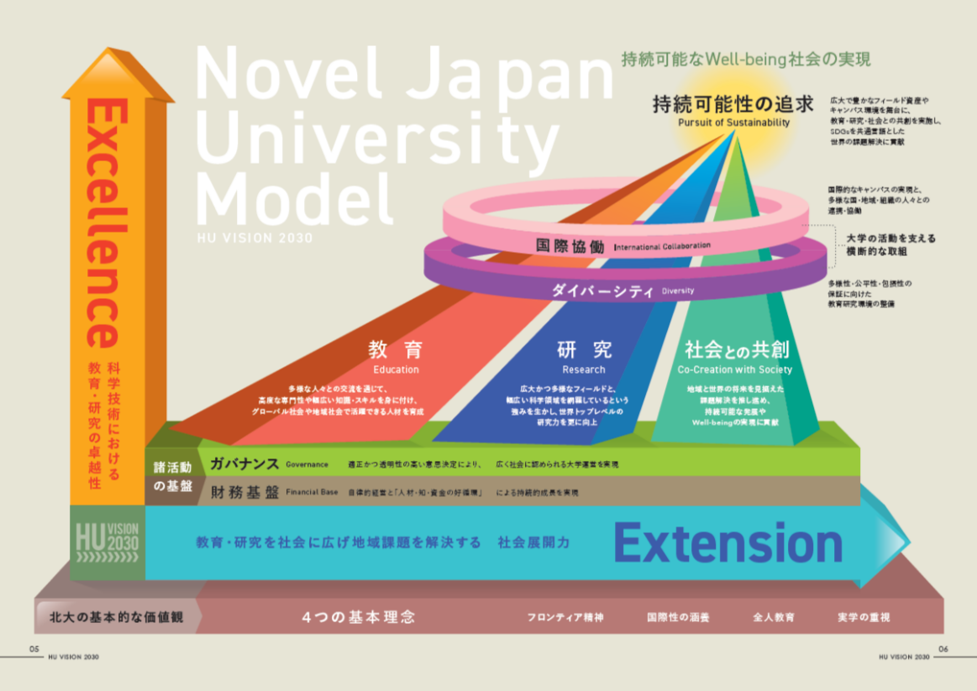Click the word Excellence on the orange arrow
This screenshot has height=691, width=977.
click(x=106, y=222)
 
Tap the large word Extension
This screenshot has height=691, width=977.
click(x=727, y=542)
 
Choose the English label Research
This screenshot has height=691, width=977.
click(x=584, y=369)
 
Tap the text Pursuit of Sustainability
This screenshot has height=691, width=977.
click(x=733, y=123)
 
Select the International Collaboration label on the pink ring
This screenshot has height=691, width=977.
click(x=662, y=246)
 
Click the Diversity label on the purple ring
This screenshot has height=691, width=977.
click(x=678, y=291)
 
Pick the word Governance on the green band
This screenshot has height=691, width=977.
click(x=307, y=463)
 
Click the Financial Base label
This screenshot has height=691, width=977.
click(x=312, y=493)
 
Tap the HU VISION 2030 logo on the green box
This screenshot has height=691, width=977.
click(x=107, y=542)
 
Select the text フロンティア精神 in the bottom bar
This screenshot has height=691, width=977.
click(x=565, y=617)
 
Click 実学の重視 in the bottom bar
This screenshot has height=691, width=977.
click(x=864, y=617)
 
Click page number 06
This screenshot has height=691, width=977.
click(x=943, y=648)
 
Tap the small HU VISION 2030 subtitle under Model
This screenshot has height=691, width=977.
click(x=254, y=238)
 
